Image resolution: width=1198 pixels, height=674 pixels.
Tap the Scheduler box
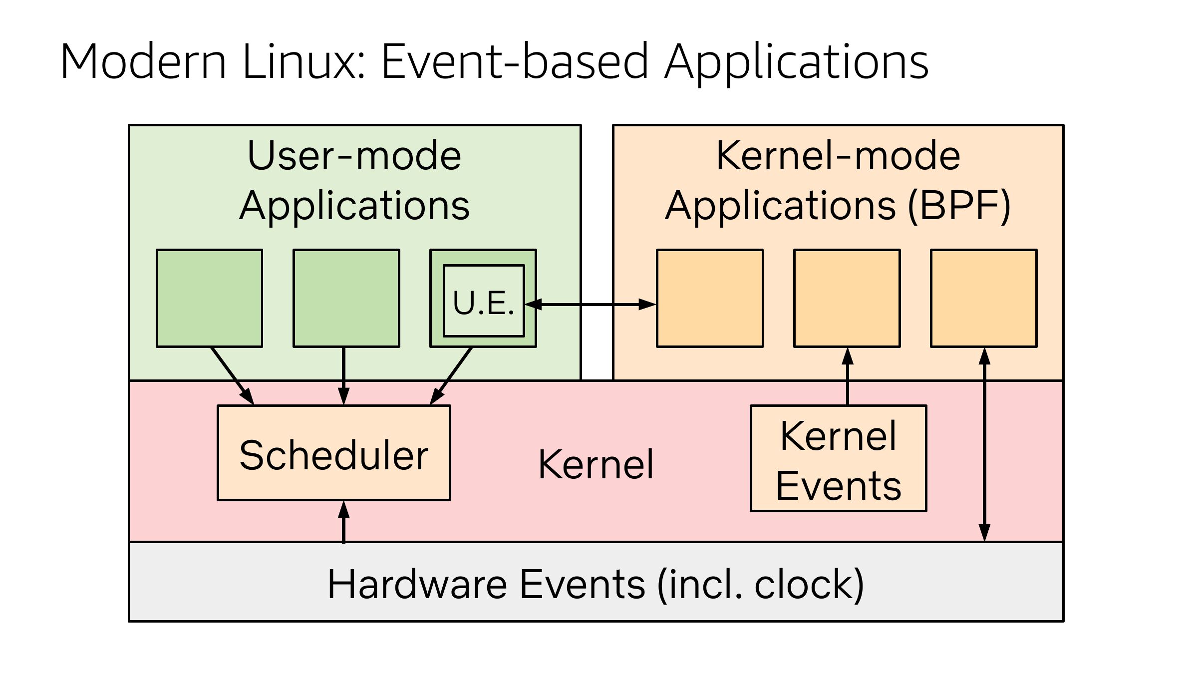point(334,453)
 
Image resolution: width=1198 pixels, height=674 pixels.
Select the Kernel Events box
point(839,458)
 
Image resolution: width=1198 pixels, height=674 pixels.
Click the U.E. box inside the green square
point(484,301)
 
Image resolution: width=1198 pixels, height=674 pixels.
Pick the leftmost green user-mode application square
point(210,298)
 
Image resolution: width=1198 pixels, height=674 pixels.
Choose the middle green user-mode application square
point(346,298)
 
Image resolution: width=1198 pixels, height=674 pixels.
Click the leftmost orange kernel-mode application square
point(710,298)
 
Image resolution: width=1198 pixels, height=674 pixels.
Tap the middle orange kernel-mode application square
point(847,298)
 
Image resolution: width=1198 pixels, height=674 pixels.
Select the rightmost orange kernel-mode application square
point(984,298)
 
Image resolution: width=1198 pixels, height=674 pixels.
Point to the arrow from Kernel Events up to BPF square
point(848,377)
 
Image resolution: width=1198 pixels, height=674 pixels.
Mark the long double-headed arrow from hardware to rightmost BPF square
point(984,444)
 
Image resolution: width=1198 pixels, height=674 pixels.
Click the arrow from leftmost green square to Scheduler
point(232,375)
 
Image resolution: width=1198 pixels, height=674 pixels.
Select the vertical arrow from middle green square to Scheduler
point(343,375)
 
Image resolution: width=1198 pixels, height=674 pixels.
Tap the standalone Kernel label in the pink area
point(596,465)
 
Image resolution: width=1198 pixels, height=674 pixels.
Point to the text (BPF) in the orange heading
point(959,206)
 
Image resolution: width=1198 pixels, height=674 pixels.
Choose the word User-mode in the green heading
point(354,156)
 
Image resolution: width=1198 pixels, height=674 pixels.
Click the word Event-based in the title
point(515,62)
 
